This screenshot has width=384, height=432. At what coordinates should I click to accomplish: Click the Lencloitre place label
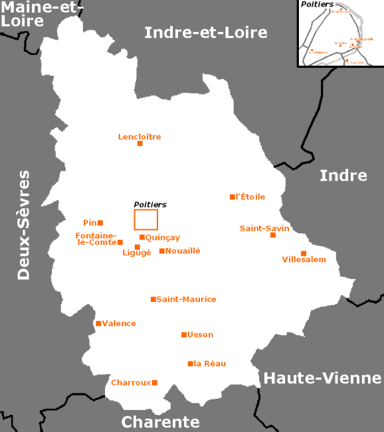point(140,137)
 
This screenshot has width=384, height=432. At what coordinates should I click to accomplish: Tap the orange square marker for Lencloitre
point(140,144)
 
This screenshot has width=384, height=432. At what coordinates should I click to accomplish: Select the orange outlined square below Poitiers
point(146,219)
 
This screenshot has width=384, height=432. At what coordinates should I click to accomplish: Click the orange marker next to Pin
point(100,223)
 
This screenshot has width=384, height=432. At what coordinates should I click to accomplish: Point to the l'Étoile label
point(250,197)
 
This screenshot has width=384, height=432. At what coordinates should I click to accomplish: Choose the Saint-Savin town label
point(264,228)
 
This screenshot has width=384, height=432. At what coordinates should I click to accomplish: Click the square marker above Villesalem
point(304,253)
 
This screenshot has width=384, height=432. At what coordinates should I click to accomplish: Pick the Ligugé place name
point(137,253)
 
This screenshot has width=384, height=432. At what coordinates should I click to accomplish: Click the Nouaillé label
point(183,251)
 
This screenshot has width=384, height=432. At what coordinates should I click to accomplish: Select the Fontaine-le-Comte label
point(96,239)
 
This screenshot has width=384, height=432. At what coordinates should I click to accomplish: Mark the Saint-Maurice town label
point(186,299)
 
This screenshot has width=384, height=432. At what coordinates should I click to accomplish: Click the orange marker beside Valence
point(98,324)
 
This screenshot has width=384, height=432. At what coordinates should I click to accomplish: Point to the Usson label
point(201,334)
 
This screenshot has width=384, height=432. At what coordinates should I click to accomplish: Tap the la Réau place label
point(210,364)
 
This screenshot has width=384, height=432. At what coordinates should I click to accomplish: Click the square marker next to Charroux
point(155,382)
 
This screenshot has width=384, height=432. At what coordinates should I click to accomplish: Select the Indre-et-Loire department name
point(206,32)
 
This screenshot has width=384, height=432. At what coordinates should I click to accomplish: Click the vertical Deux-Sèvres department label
point(24,225)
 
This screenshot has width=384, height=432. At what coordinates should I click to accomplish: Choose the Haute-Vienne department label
point(322,378)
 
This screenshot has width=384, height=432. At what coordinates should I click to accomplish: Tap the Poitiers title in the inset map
point(317,5)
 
